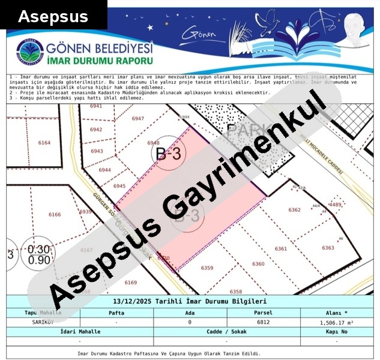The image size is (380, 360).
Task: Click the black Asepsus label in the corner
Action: coord(53,16)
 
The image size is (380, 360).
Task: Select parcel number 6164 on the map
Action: coord(44,143)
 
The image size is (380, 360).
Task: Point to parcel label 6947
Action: coord(138,118)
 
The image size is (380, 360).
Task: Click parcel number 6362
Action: coord(294,210)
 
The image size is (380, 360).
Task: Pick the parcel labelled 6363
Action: coord(328,248)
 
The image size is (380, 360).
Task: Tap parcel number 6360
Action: coord(258,264)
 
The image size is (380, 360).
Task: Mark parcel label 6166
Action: coord(55,214)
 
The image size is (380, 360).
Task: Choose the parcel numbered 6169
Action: coord(130,282)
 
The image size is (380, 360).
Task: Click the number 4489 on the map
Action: coord(335,205)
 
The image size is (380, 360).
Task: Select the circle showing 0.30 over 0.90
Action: coord(39,254)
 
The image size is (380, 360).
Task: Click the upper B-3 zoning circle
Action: coord(169,154)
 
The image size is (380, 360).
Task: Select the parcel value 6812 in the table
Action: coord(263,322)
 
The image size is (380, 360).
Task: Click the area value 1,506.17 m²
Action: coord(336,322)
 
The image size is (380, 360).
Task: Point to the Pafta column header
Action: coord(116,313)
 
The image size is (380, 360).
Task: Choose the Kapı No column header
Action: coord(336,331)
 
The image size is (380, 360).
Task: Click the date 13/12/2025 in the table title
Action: coord(130,301)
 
